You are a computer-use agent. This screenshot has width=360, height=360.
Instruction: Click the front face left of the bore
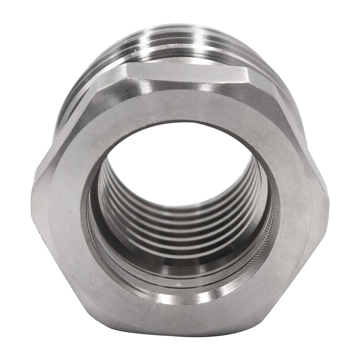coord(58,202)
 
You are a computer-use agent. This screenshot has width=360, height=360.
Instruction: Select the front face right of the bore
coord(301,202)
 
